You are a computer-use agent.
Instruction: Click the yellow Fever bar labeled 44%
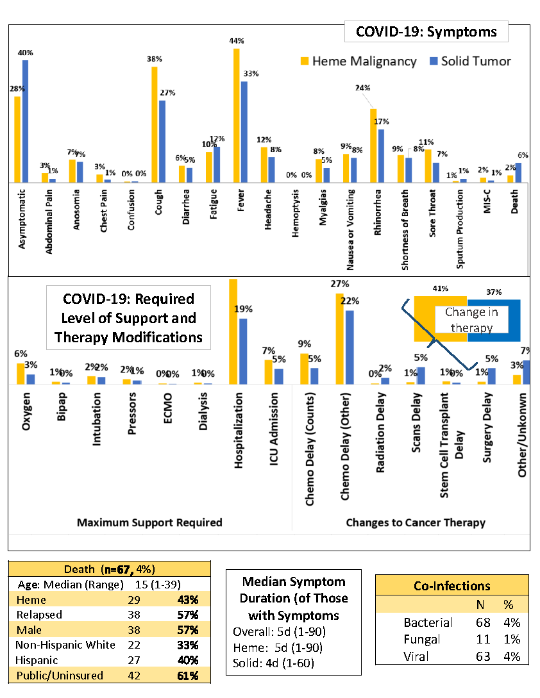(237, 115)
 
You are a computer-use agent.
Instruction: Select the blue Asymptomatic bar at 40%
(26, 122)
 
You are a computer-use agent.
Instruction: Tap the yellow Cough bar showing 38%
(155, 125)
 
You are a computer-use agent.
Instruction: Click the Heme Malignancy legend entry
(359, 61)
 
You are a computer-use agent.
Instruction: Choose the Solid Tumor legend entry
(470, 61)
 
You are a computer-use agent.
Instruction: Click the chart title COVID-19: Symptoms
(426, 31)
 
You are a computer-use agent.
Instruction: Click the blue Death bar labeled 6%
(518, 172)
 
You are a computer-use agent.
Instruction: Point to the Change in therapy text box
(468, 320)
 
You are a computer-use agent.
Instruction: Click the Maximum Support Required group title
(149, 522)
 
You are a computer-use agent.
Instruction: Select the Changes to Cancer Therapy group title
(416, 522)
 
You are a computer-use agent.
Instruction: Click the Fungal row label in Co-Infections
(421, 639)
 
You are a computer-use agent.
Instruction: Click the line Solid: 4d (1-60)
(273, 663)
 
